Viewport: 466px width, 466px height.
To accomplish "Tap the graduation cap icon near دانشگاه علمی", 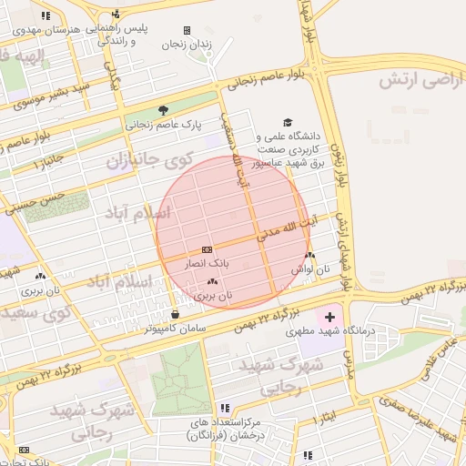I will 288,123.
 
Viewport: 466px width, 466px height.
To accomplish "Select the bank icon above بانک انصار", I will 207,248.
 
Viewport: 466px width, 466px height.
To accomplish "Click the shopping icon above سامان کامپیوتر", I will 187,314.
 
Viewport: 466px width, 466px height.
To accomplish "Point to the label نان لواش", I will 309,270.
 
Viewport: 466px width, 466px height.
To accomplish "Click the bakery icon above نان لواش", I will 311,256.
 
